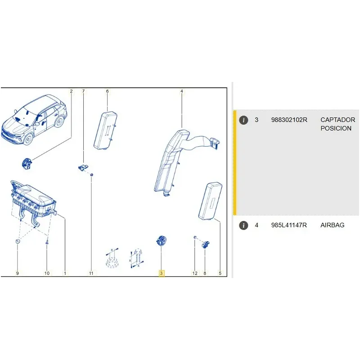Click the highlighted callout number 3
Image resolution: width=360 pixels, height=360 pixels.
click(161, 273)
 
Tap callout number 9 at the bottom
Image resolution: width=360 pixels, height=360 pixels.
click(18, 273)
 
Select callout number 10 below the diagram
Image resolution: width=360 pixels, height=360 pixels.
click(47, 273)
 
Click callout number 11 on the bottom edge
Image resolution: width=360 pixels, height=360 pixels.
click(91, 273)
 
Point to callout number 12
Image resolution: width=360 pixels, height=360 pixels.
click(195, 273)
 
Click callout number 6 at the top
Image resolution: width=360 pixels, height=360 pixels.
click(107, 91)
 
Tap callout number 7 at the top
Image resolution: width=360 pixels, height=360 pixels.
click(83, 91)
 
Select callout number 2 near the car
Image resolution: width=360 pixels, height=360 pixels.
click(71, 91)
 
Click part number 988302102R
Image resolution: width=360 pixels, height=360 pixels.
click(289, 120)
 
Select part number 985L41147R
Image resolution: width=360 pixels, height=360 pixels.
click(289, 225)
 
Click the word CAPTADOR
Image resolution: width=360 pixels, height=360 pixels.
click(338, 120)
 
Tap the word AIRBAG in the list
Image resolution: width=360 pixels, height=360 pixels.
click(332, 225)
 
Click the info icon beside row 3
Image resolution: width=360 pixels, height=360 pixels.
click(243, 120)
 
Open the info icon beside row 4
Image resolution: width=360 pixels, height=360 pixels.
click(243, 225)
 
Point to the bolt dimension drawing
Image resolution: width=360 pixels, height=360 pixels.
click(137, 258)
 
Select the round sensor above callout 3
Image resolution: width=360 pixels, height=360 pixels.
click(161, 241)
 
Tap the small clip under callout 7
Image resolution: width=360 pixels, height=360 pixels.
click(83, 167)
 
